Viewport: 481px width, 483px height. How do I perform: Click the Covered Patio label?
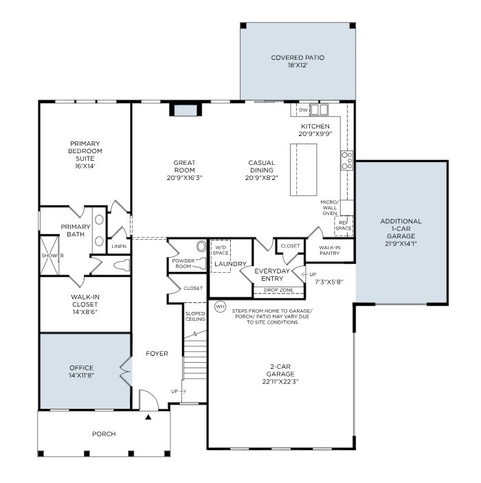point(297,58)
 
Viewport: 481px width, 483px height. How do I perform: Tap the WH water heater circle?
point(220,306)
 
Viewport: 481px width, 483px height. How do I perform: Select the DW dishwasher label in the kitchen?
point(302,110)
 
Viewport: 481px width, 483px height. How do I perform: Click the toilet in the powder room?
point(201,246)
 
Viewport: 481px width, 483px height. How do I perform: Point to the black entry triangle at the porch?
point(148,416)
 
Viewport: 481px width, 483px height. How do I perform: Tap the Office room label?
point(81,368)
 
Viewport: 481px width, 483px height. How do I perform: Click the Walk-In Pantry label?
point(330,249)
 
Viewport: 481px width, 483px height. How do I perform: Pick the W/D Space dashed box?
point(221,254)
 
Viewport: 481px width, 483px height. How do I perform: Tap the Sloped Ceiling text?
point(195,317)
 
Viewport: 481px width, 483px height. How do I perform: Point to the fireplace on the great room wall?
point(184,110)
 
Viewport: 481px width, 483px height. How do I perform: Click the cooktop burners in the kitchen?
point(347,160)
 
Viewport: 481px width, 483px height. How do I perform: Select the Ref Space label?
point(343,225)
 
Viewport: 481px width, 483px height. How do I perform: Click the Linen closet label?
point(119,246)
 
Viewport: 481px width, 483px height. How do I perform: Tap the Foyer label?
point(157,354)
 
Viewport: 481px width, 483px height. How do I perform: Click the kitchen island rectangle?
point(303,170)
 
